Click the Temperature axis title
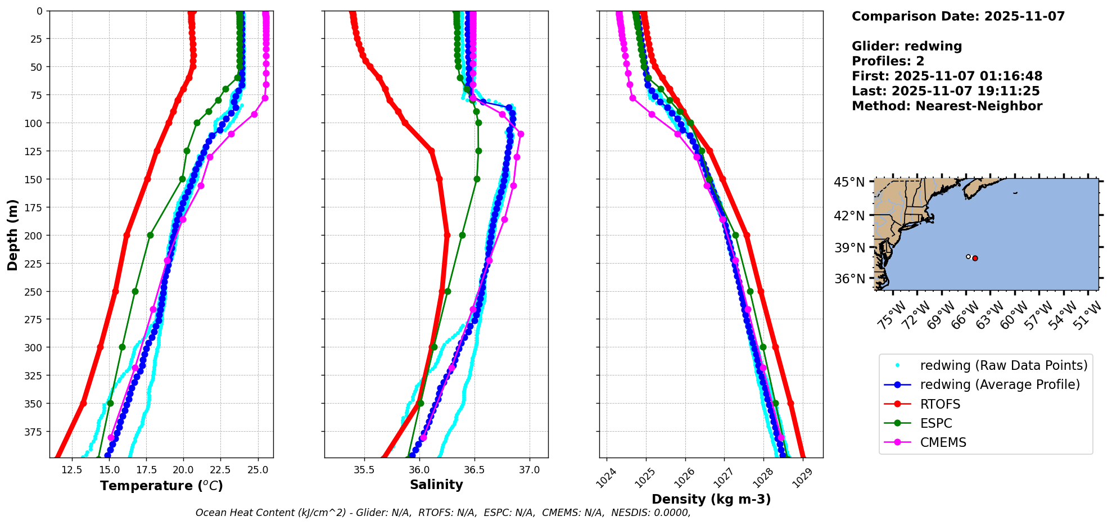tap(161, 486)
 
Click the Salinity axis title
tap(436, 485)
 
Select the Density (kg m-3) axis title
tap(711, 499)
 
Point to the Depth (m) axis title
tap(12, 234)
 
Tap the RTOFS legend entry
tap(940, 404)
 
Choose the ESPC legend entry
tap(936, 423)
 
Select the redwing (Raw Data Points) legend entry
tap(1003, 365)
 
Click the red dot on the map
tap(975, 259)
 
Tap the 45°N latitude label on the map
tap(849, 182)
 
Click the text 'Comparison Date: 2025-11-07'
tap(958, 16)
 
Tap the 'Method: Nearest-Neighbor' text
tap(947, 106)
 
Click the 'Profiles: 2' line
tap(888, 61)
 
